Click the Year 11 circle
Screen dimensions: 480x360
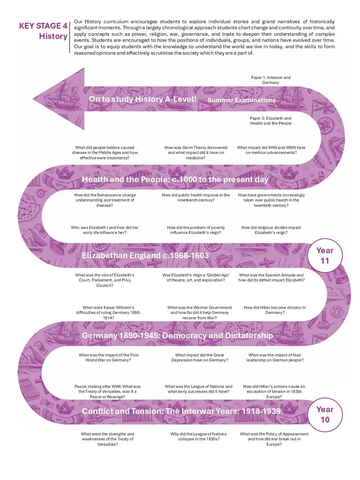325,256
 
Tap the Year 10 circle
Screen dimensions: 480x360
325,415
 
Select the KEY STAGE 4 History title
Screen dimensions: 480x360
43,31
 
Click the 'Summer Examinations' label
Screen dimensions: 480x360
241,100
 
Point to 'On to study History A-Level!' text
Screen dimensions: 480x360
142,99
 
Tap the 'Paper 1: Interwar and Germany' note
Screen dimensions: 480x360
271,80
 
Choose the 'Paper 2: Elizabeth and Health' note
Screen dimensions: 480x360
271,121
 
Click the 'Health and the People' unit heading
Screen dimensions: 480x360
175,179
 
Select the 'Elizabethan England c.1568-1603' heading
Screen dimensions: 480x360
145,255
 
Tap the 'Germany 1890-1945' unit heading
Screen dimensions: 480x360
177,335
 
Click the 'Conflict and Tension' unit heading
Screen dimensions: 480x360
181,411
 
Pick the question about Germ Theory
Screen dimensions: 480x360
196,152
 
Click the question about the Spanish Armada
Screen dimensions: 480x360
271,277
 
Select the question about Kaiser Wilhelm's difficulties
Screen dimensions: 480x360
108,312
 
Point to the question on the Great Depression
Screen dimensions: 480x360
200,357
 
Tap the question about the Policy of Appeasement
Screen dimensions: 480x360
274,439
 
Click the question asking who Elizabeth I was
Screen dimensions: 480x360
105,230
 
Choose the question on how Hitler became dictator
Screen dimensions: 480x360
275,310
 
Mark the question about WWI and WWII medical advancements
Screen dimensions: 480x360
271,150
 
